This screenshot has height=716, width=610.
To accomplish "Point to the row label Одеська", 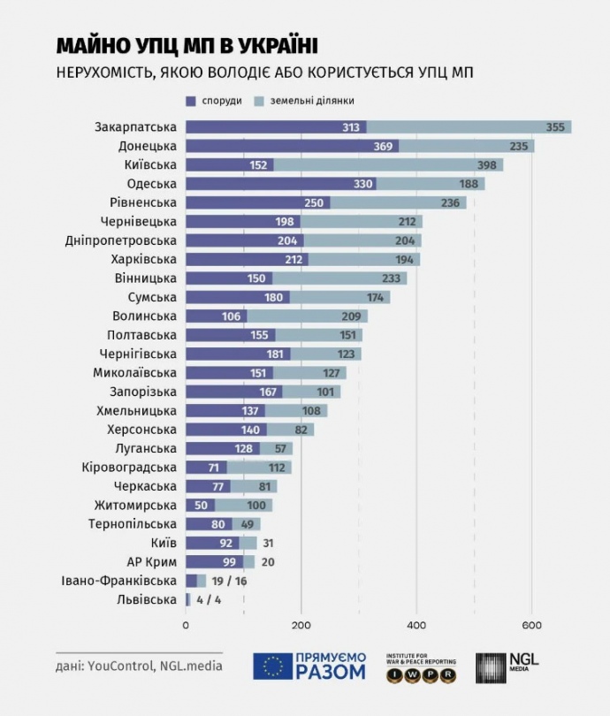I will coord(151,184).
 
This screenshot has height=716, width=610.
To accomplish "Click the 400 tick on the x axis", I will coord(416,626).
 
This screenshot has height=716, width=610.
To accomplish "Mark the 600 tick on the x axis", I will coord(531,626).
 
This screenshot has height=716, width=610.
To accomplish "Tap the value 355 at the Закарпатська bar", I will coord(554,127).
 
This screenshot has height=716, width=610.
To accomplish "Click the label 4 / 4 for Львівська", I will coord(210,600).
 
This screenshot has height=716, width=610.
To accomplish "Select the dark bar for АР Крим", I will coord(214,562).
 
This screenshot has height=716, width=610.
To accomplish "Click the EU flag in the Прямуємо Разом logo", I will coord(273,666).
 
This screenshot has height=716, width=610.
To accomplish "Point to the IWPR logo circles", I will coord(421,675).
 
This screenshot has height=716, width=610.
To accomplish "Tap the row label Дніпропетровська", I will coord(121,240).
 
